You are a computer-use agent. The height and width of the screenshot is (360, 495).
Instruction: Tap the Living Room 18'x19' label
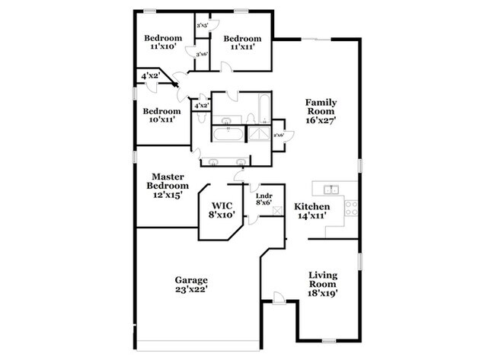[x=323, y=284]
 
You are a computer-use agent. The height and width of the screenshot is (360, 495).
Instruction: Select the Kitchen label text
[x=312, y=211]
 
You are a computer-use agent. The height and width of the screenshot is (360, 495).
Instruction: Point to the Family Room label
[x=321, y=110]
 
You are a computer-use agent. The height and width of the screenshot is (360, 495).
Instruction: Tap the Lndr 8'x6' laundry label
[x=263, y=200]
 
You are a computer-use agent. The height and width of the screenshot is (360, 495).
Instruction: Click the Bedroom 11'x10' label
[x=163, y=42]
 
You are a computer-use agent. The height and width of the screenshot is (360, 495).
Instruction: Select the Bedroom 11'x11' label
[x=242, y=42]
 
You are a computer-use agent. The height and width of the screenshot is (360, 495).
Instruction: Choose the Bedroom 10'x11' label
[x=162, y=115]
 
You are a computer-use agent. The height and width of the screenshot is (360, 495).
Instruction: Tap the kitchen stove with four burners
[x=351, y=207]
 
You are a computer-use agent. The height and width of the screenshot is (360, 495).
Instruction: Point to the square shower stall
[x=260, y=135]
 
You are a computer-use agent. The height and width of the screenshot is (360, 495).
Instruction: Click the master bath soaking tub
[x=228, y=135]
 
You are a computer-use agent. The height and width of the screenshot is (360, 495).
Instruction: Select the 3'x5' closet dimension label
[x=203, y=27]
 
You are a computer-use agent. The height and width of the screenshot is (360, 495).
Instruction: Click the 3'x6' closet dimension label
[x=203, y=54]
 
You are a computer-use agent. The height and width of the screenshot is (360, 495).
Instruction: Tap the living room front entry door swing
[x=280, y=298]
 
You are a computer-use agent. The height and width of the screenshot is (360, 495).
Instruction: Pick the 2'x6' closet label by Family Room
[x=279, y=135]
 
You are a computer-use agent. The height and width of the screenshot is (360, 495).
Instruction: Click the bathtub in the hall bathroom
[x=262, y=108]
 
